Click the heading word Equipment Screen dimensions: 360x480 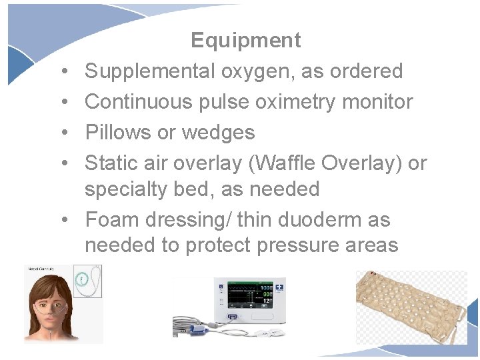click(x=245, y=41)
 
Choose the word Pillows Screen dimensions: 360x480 click(x=118, y=133)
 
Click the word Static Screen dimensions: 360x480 click(x=113, y=163)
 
